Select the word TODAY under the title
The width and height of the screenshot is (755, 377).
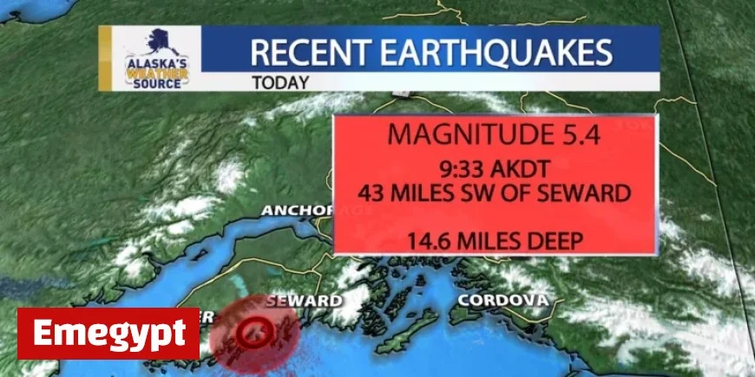coord(280,84)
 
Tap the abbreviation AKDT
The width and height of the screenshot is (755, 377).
coord(523,171)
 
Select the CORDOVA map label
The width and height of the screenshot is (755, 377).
coord(502,300)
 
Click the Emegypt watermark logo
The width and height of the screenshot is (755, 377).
coord(108,333)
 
